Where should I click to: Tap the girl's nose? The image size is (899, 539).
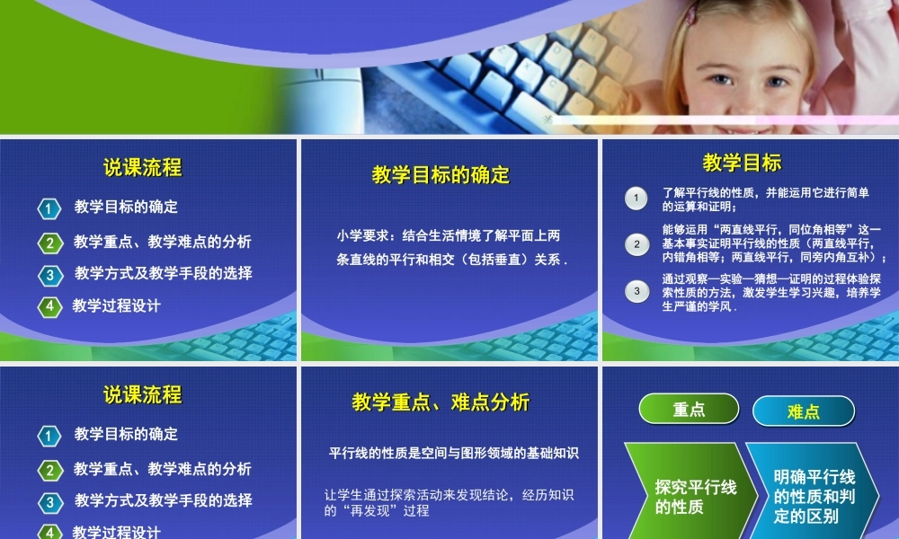point(746,91)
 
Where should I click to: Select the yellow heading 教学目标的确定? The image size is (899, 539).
point(441,174)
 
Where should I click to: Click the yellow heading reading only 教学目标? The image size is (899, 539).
point(742,163)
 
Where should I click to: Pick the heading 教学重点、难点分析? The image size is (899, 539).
point(441,402)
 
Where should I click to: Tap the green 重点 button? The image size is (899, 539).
point(689,410)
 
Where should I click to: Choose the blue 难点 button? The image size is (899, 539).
point(803,411)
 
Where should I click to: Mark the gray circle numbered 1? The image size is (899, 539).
point(636,198)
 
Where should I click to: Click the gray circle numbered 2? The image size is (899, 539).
point(636,243)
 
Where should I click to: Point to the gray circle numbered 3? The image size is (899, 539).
point(636,290)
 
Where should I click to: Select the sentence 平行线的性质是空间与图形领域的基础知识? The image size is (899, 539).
point(454,453)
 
